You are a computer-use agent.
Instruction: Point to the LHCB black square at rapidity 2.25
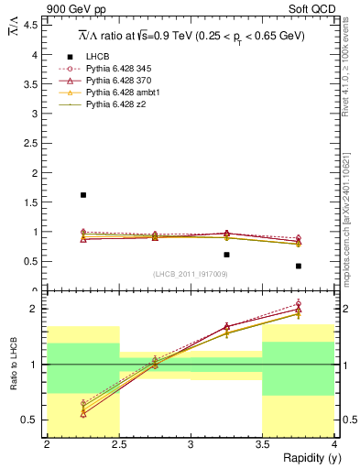pyautogui.click(x=83, y=195)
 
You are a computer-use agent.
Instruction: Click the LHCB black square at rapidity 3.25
pyautogui.click(x=226, y=255)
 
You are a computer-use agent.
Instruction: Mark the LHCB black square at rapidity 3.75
pyautogui.click(x=299, y=267)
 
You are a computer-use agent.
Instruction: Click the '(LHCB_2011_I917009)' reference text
pyautogui.click(x=190, y=274)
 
